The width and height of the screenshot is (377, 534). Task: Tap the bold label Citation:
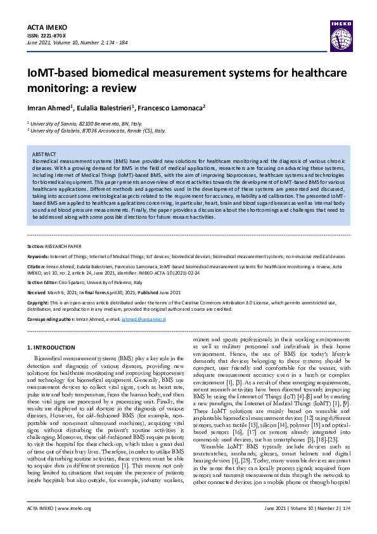coord(38,267)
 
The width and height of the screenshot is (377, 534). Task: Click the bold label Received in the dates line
coord(39,293)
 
